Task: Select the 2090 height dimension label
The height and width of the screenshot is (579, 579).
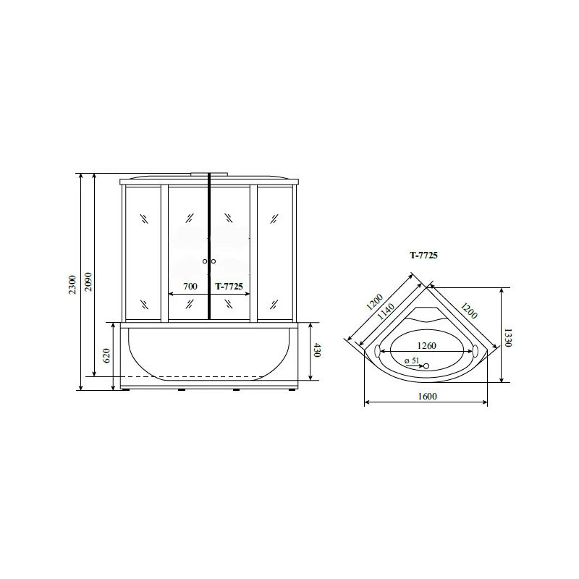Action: click(88, 282)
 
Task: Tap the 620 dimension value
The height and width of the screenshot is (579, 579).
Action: click(106, 355)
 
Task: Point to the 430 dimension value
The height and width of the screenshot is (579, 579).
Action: click(316, 350)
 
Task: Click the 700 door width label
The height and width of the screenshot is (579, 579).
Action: click(190, 286)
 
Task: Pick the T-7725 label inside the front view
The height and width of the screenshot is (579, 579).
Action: click(229, 286)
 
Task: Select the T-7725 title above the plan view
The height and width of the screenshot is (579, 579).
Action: click(423, 255)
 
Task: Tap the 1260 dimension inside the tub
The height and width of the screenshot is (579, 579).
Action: click(426, 346)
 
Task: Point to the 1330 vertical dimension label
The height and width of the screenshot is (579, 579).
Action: click(508, 337)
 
